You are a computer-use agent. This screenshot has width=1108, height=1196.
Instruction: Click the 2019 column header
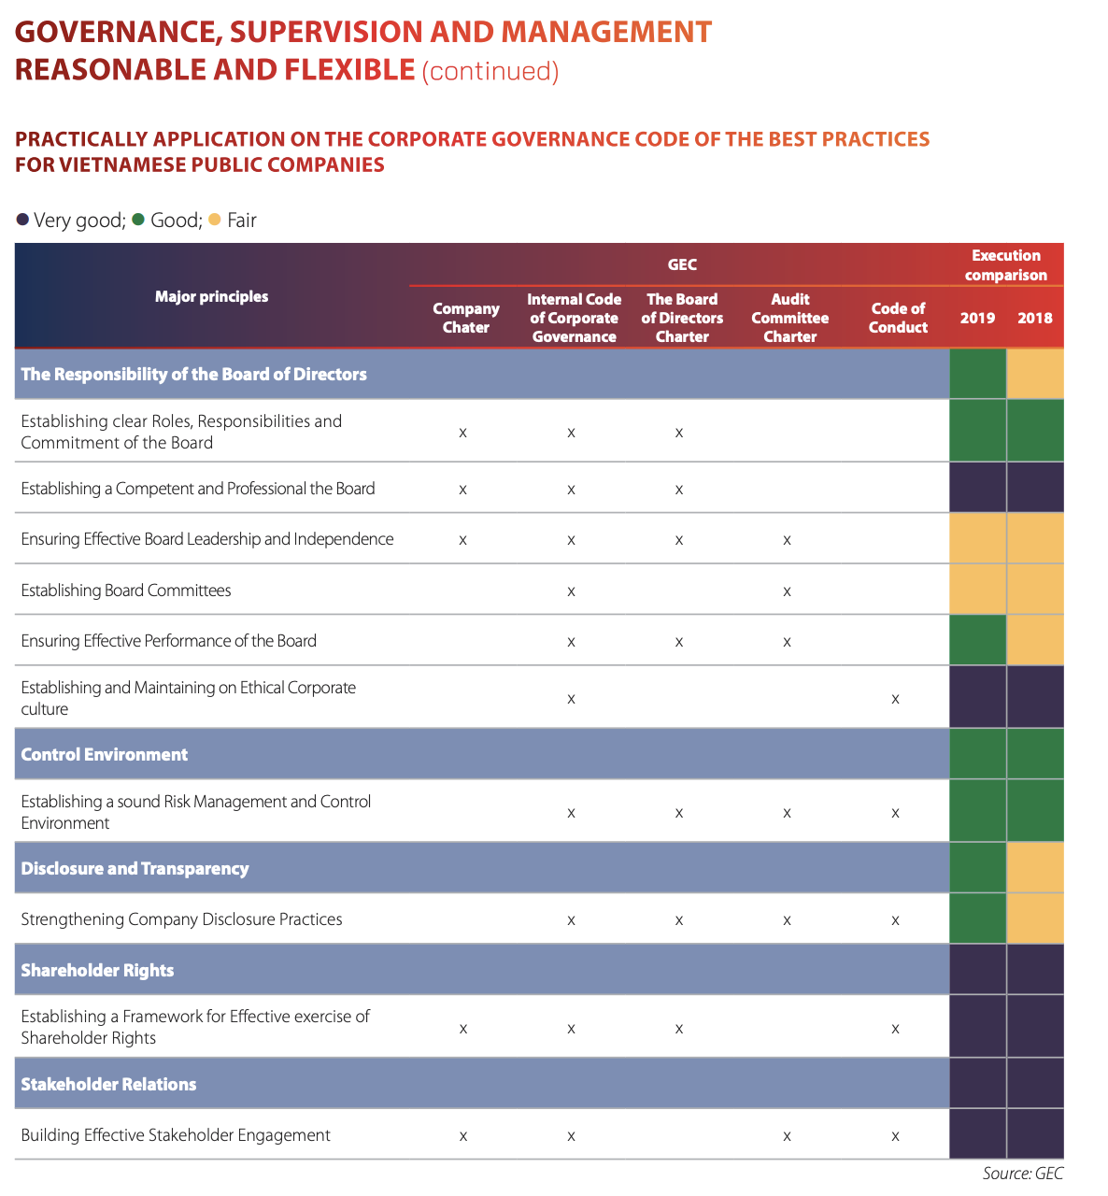[x=977, y=318]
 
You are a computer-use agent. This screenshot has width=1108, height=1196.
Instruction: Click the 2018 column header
[x=1035, y=318]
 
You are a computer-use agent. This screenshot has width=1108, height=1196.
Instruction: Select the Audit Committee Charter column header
[x=789, y=318]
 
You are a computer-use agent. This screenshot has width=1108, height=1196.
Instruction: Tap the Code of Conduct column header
[x=898, y=318]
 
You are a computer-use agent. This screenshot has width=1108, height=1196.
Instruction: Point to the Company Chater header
[x=465, y=318]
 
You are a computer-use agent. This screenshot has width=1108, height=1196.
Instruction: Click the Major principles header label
[x=211, y=296]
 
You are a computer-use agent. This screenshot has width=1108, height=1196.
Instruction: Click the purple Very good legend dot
[x=22, y=220]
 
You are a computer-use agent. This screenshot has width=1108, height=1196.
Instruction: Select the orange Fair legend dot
[x=215, y=220]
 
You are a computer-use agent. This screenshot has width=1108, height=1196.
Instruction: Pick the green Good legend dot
[x=138, y=220]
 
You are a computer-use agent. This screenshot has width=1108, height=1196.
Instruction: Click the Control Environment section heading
[x=105, y=754]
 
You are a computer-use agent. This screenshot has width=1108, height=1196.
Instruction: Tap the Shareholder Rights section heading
[x=97, y=970]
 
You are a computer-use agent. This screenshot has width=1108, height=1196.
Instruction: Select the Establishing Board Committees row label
[x=126, y=591]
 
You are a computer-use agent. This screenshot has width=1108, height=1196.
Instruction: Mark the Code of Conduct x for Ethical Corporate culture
[x=895, y=699]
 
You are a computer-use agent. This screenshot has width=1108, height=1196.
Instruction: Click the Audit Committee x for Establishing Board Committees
[x=787, y=591]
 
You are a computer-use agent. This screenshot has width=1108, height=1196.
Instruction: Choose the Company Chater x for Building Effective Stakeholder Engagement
[x=463, y=1136]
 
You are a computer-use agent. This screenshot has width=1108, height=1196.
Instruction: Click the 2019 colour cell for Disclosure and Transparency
[x=977, y=868]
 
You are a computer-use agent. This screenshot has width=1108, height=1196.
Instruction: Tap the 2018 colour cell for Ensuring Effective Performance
[x=1035, y=640]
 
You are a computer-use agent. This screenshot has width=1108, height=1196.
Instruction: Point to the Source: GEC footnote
[x=1022, y=1174]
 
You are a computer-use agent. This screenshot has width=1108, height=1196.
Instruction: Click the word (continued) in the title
[x=490, y=71]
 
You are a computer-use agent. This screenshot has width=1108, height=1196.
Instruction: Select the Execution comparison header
[x=1005, y=265]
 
